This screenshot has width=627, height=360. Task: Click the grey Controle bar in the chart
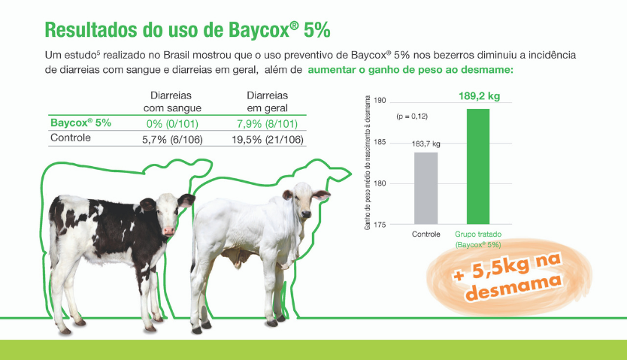click(x=426, y=188)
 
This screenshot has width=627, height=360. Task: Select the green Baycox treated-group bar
click(x=478, y=166)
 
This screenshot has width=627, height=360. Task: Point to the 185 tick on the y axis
click(x=380, y=142)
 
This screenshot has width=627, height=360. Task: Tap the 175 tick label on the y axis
click(x=380, y=225)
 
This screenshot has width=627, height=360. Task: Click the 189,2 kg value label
click(x=479, y=96)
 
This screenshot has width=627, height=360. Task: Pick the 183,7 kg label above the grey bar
click(x=426, y=144)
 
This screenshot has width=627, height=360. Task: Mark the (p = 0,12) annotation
click(x=412, y=116)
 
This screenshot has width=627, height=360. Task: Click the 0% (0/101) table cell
click(x=172, y=124)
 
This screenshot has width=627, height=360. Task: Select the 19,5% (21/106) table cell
click(x=268, y=140)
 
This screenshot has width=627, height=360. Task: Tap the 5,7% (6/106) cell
click(x=172, y=140)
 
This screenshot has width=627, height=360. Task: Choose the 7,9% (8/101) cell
click(x=267, y=124)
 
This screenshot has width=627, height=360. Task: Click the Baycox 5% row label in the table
click(x=80, y=123)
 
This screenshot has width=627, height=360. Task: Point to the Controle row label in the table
click(x=71, y=138)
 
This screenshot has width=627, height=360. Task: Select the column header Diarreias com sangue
click(x=172, y=101)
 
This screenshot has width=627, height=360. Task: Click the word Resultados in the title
click(x=91, y=30)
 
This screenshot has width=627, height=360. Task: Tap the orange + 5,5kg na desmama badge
click(x=509, y=277)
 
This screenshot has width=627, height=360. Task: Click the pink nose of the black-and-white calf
click(x=168, y=231)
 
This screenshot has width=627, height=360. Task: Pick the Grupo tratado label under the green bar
click(x=478, y=234)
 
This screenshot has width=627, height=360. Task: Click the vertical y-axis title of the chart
click(x=367, y=162)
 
